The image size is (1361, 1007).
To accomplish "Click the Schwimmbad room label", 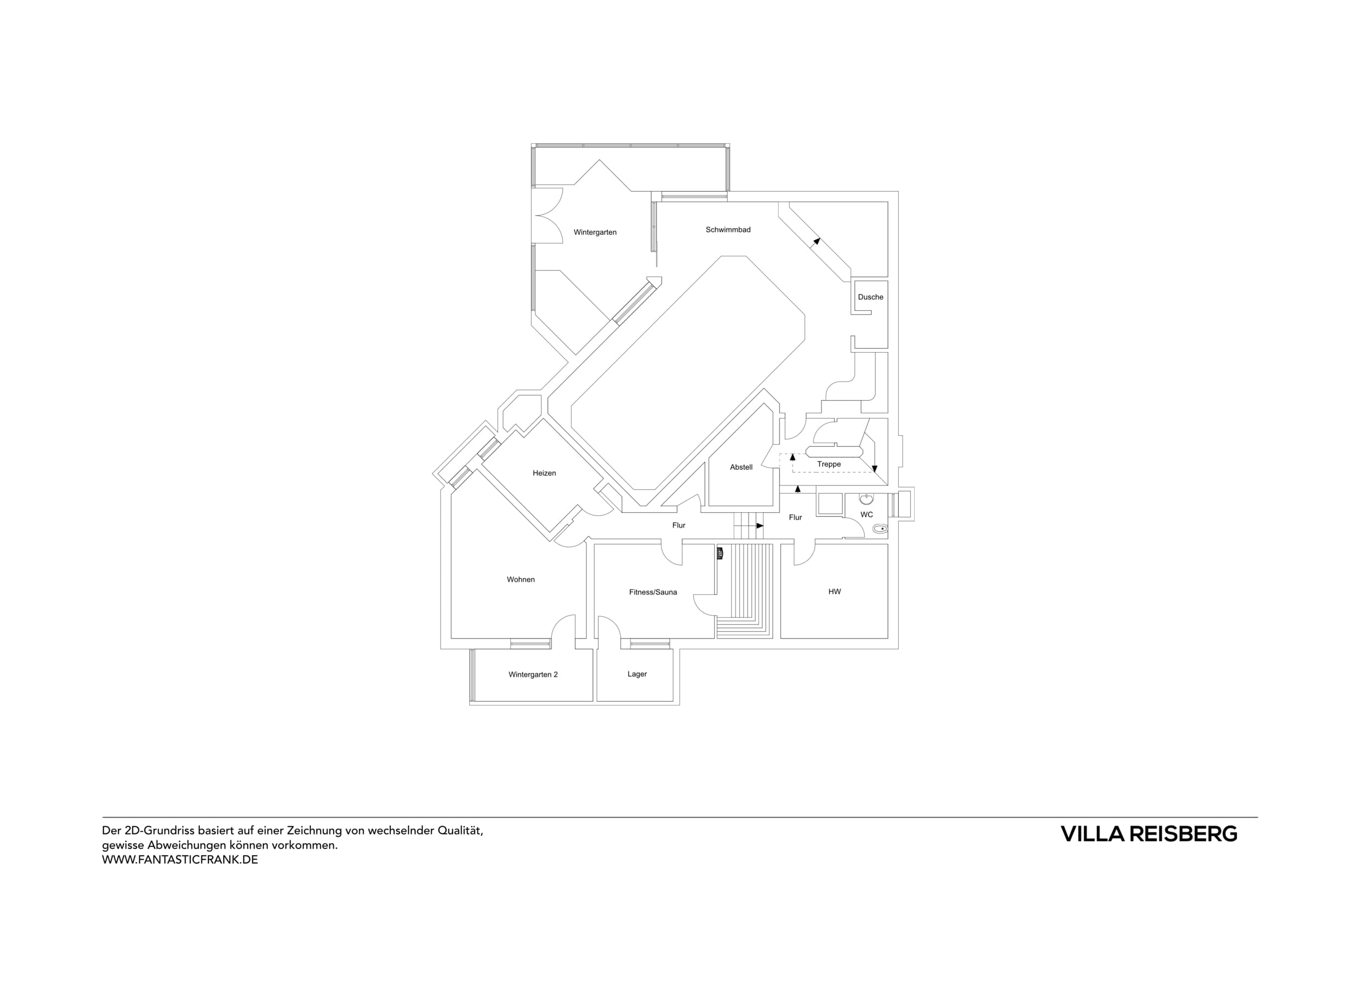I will (728, 230).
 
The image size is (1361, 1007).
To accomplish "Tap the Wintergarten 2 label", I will (533, 675).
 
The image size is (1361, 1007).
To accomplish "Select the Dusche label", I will (870, 297).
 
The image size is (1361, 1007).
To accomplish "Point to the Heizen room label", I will (544, 473).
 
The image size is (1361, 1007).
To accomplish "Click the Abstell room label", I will (741, 468).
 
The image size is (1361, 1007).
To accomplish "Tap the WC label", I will (867, 515).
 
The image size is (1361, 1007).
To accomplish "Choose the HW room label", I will (835, 592).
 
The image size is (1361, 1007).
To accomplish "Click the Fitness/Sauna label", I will (653, 592).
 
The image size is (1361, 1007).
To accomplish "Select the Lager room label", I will (637, 674).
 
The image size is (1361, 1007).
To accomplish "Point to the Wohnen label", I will (520, 580).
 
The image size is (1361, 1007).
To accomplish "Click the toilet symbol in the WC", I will (880, 529).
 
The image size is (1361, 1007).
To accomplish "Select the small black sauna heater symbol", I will (720, 554).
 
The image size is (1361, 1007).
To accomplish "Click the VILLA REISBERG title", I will (1149, 834).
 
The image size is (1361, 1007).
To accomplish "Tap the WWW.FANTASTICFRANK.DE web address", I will (180, 860).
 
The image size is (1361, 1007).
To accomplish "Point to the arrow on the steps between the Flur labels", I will (759, 525).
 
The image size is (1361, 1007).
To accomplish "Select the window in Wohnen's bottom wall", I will (530, 644).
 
